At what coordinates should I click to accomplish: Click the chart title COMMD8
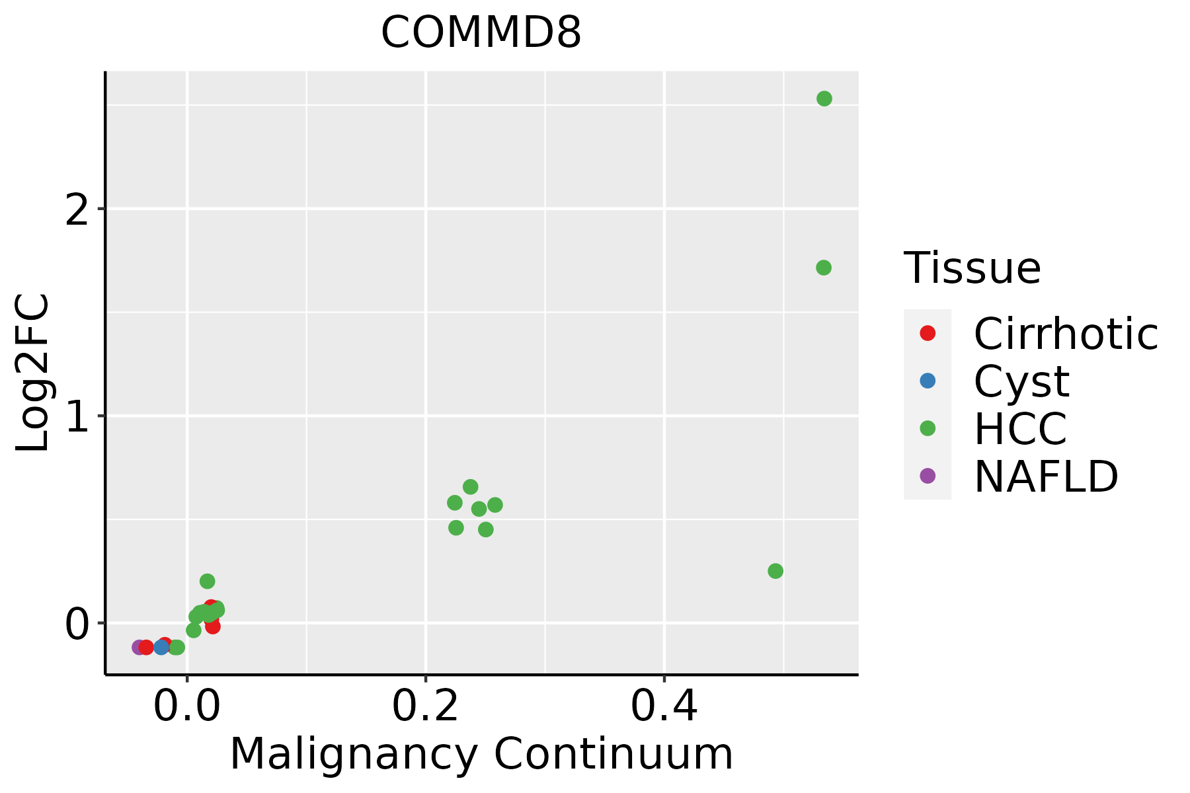[481, 33]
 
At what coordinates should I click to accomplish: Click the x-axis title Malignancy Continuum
[481, 753]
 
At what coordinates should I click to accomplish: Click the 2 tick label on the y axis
[78, 209]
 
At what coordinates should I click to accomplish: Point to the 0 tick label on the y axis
[78, 624]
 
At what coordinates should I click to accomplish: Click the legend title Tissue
[972, 268]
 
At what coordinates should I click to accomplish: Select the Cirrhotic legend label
[1065, 334]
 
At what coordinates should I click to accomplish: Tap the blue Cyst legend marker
[928, 381]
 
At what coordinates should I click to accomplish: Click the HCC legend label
[1020, 428]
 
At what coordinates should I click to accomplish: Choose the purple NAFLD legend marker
[928, 475]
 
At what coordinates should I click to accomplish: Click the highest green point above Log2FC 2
[824, 98]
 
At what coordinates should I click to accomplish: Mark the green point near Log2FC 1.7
[823, 268]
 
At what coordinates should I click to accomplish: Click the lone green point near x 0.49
[775, 571]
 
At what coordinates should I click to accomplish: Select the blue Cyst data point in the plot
[161, 647]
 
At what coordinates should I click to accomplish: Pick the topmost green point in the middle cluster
[470, 487]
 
